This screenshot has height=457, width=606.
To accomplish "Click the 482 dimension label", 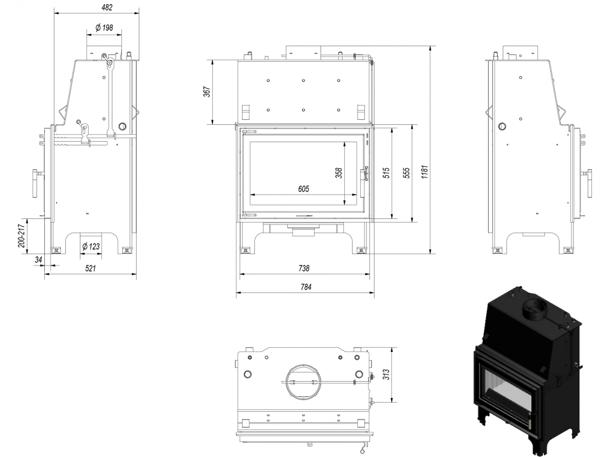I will click(106, 8).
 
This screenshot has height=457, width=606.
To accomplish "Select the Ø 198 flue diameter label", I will click(104, 28).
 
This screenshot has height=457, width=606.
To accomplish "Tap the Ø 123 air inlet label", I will click(91, 246).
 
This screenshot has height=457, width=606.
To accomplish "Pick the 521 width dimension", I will click(90, 268).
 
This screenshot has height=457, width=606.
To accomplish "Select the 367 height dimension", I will click(207, 92).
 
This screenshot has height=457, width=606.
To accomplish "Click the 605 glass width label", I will click(304, 189).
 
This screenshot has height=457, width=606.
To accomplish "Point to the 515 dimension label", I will click(386, 173).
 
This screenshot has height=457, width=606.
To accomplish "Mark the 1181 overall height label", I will click(424, 172).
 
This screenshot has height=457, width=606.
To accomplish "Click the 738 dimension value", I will click(304, 268).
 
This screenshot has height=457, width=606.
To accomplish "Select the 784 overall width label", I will click(305, 287).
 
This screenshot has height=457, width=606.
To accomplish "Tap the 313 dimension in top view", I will click(386, 374).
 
